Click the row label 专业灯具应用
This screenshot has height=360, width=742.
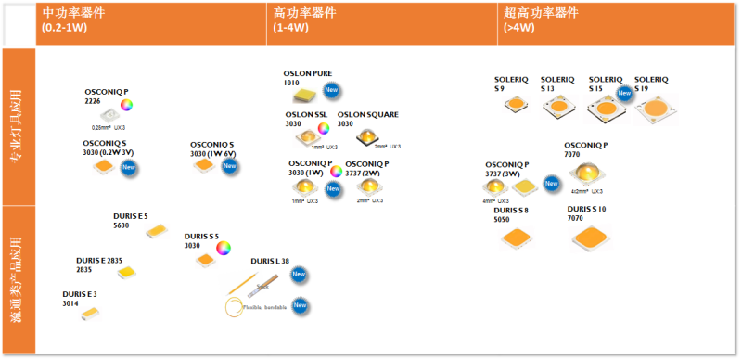pos(18,127)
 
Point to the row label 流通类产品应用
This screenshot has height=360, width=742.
pos(18,279)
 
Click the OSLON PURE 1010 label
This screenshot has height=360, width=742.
pos(307,77)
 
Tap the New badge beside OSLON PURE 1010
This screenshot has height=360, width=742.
pos(331,90)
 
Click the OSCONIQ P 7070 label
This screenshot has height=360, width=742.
pos(585,150)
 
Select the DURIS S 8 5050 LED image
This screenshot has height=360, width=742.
pos(516,240)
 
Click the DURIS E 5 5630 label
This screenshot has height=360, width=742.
pos(130,220)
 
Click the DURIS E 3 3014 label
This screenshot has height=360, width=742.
pos(80,299)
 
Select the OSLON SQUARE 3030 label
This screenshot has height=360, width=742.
pos(367,119)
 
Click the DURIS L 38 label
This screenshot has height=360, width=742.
pos(270,261)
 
